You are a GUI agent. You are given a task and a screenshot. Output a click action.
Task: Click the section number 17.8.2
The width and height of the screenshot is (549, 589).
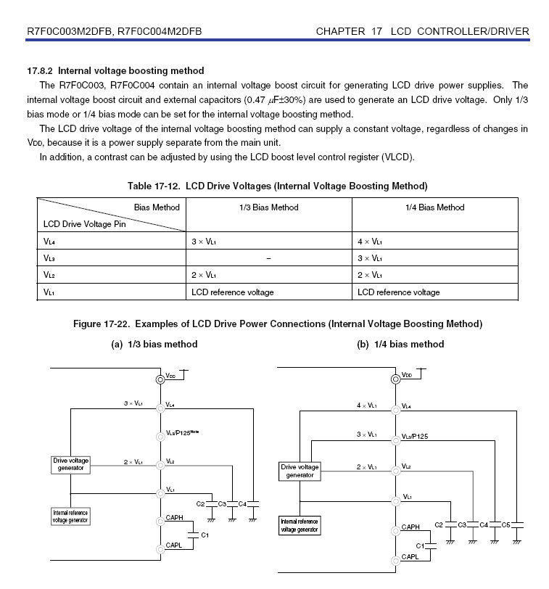point(40,71)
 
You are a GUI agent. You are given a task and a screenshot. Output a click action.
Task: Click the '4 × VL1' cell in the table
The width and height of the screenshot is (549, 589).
point(370,241)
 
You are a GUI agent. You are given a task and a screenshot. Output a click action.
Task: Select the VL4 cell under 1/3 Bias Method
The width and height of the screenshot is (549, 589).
point(204,241)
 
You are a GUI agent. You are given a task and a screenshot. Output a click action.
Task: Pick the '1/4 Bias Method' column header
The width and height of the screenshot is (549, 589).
point(434,207)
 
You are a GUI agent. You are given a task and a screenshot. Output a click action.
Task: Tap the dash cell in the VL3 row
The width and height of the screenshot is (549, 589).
point(268,258)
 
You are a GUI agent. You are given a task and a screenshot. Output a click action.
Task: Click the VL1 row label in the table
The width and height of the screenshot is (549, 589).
point(49,292)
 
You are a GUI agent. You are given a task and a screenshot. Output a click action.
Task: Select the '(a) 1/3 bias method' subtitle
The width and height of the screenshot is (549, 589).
point(154,344)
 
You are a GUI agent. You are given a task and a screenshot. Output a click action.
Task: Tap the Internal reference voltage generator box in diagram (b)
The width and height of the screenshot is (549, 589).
point(300,525)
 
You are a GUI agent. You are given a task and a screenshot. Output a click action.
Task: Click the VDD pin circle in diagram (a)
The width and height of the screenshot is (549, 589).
point(160,379)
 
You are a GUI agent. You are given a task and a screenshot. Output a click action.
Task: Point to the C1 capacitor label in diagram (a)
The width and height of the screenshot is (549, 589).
point(205,535)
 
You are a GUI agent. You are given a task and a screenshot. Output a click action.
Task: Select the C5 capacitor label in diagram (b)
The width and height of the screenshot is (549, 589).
point(507,524)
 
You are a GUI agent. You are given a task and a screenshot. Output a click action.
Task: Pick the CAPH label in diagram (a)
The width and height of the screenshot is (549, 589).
point(174,517)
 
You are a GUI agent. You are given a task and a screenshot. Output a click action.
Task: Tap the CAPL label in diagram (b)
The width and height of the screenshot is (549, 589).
point(410,557)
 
